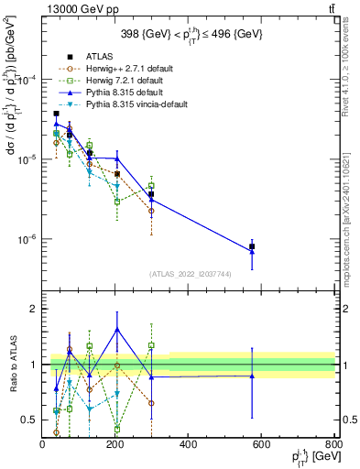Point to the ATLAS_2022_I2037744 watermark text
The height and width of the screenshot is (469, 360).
click(x=190, y=274)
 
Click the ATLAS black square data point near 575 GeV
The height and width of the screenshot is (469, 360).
click(x=252, y=246)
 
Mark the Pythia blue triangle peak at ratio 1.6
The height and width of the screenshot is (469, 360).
click(x=116, y=329)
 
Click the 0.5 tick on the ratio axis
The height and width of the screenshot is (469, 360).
click(x=32, y=420)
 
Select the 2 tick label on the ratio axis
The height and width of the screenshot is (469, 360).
click(x=35, y=309)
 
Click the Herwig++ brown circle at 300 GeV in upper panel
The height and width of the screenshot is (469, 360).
click(x=151, y=211)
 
